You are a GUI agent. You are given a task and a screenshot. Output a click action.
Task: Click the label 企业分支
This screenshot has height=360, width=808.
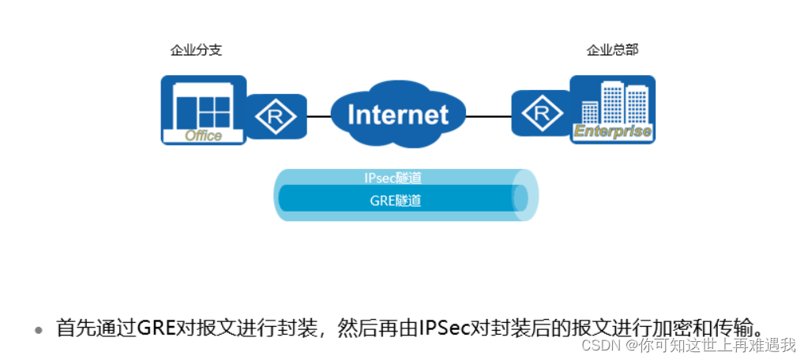click(196, 51)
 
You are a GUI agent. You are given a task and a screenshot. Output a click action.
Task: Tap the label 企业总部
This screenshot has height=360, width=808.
click(612, 51)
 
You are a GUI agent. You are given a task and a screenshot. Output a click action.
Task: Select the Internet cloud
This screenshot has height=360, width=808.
click(397, 115)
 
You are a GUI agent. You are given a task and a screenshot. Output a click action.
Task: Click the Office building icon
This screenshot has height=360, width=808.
click(203, 109)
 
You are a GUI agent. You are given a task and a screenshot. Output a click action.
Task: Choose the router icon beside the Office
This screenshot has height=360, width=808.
click(276, 118)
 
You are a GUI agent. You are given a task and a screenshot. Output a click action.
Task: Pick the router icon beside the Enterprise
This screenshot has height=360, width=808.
click(541, 115)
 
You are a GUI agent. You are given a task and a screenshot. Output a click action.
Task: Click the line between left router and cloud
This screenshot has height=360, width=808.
click(318, 116)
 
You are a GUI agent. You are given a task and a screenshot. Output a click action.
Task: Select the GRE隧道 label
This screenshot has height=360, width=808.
click(396, 201)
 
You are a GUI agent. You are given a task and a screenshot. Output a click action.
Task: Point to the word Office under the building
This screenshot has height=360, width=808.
click(203, 136)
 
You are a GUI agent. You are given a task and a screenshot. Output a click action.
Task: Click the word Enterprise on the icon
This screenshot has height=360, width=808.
click(612, 132)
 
